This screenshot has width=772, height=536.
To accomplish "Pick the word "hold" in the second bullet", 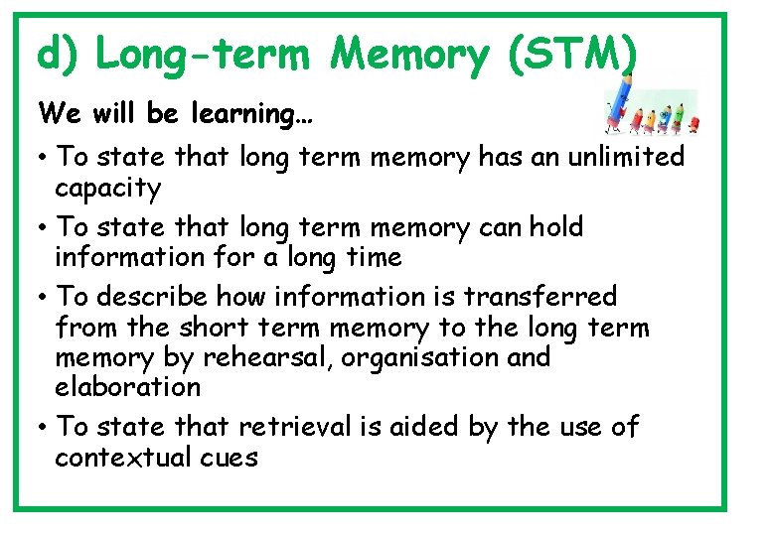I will (555, 226).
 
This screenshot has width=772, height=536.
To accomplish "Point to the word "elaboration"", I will (127, 387).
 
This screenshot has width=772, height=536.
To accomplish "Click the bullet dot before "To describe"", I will (45, 297).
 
